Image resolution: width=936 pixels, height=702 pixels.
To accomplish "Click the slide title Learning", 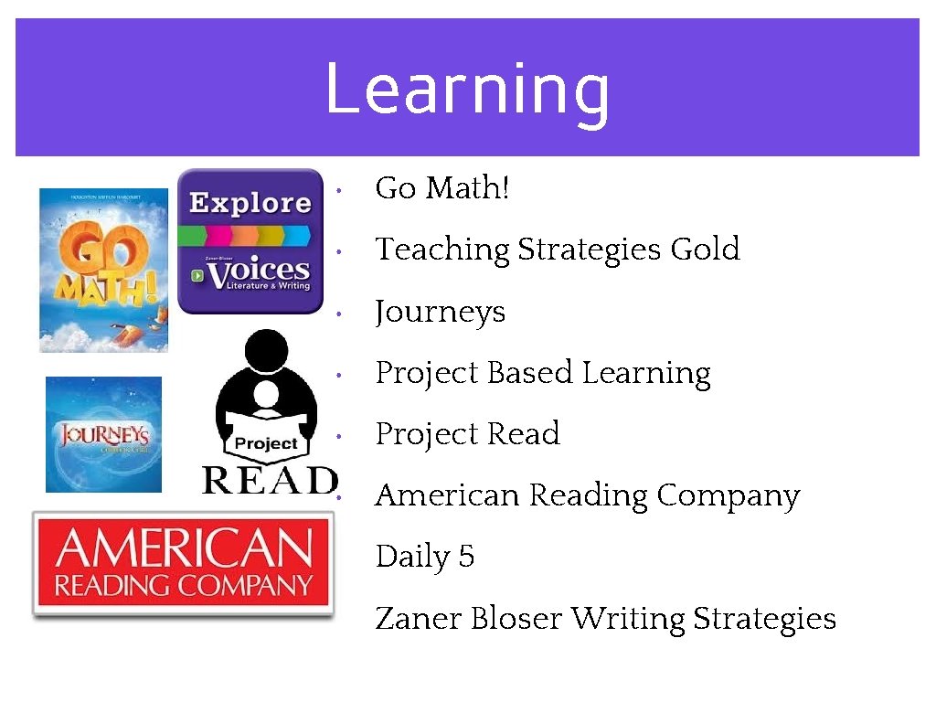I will tap(467, 90).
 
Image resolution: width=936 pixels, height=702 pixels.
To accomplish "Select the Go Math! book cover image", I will tap(103, 270).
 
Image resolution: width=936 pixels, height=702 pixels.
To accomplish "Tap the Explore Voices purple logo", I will tap(250, 241).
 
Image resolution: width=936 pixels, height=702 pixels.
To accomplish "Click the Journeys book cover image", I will tap(103, 434).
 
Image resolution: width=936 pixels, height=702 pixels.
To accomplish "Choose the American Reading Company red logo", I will tap(183, 564).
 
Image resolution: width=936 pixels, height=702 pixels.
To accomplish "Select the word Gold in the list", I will tap(705, 249).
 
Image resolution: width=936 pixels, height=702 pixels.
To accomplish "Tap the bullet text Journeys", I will tap(440, 313).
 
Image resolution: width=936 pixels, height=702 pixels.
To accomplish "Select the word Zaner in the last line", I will tap(418, 619).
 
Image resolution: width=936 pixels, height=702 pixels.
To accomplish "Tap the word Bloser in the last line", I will tap(516, 619).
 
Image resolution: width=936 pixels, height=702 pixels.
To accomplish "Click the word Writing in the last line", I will tap(628, 619).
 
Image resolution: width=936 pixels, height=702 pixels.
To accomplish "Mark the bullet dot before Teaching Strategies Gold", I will tap(338, 251).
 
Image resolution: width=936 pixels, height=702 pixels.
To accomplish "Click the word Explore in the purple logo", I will tap(250, 202).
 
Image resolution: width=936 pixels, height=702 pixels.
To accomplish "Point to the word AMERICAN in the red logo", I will tap(183, 549).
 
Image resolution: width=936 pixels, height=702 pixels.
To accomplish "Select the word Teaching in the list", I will tap(442, 250).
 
